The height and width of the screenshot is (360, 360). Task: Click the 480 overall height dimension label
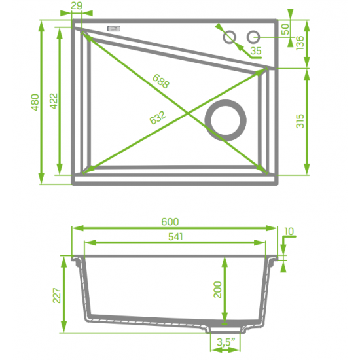pos(35,102)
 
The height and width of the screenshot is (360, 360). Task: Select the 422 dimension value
pos(54,102)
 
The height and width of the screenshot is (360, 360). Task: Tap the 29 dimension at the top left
pos(76,6)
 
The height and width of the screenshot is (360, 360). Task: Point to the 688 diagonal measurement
pos(160,82)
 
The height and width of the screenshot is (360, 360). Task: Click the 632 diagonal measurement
pos(158,118)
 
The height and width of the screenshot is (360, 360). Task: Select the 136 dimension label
pos(300,43)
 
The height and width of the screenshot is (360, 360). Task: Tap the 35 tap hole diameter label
pos(255,50)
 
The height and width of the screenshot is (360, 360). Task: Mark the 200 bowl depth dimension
pos(217,289)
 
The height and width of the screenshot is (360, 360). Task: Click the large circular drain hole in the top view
pos(226,119)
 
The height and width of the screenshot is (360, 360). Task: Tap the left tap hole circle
pos(229,37)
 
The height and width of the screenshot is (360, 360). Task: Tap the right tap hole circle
pos(253,37)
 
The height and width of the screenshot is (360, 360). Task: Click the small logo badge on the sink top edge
pos(115,29)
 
